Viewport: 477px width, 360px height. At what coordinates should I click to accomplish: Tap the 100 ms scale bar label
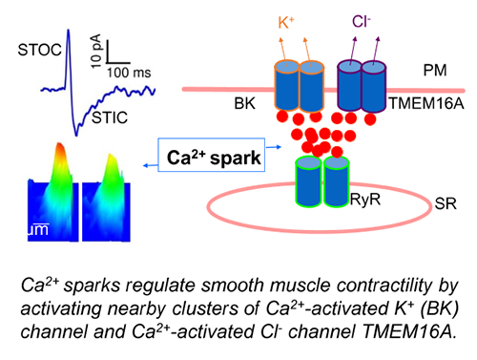tap(128, 72)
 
